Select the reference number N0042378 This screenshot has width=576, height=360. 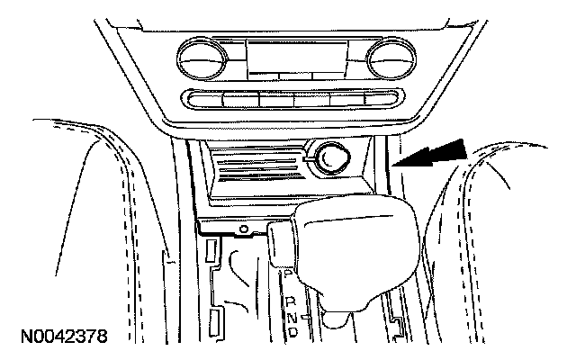61,338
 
